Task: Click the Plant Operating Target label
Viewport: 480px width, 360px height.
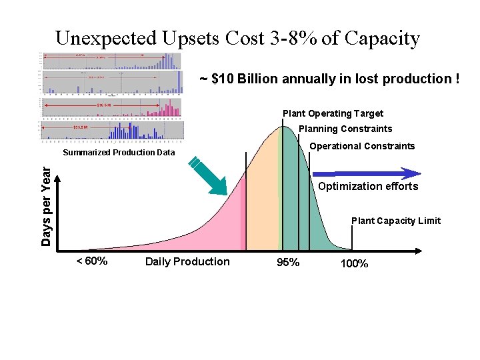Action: [333, 113]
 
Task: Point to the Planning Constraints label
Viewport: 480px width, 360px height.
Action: [345, 129]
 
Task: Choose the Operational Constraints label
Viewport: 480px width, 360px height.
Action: [362, 146]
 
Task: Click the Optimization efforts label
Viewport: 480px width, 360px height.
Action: [368, 187]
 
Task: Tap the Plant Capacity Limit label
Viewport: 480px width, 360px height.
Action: [395, 221]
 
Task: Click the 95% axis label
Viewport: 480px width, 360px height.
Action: [288, 263]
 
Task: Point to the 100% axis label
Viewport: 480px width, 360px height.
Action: [354, 263]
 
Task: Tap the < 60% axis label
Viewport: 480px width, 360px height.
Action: [92, 261]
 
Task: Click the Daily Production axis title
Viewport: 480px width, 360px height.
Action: [187, 261]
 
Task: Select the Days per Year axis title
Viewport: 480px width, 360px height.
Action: [46, 206]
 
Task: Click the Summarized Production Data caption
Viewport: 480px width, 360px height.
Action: [119, 153]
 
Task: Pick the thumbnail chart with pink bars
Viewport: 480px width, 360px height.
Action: [111, 108]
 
